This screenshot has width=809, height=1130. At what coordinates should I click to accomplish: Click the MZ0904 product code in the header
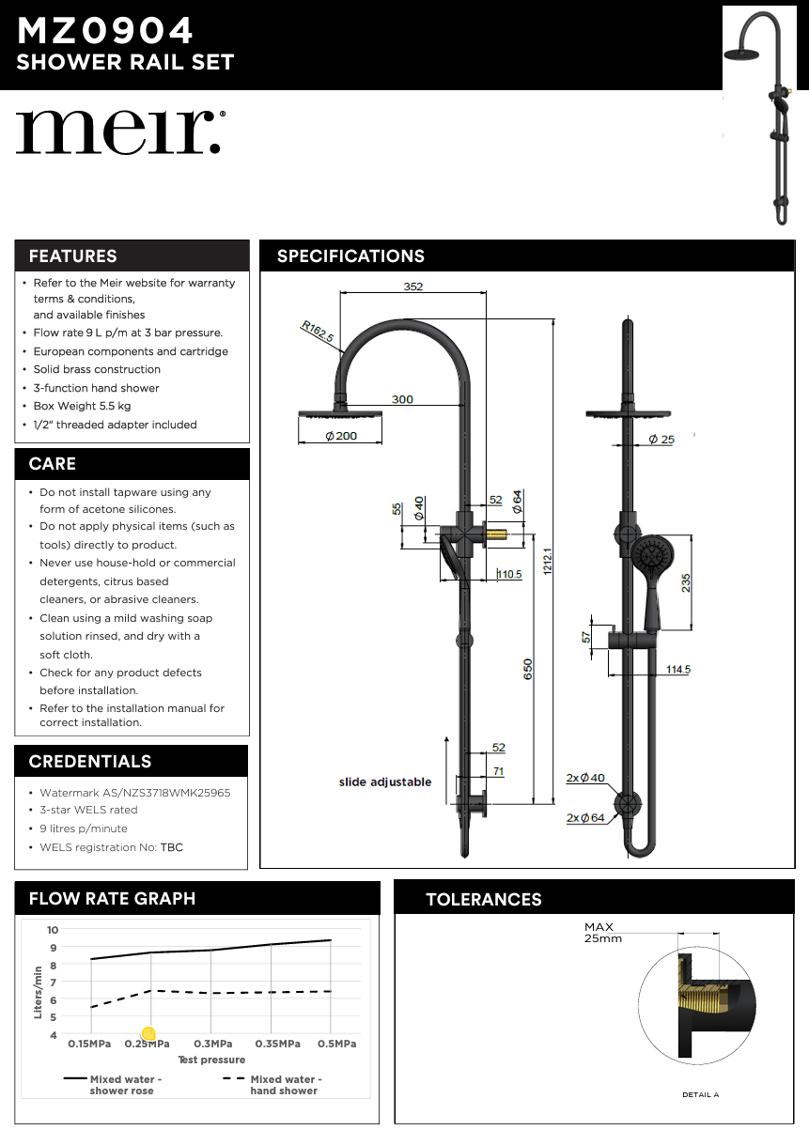pyautogui.click(x=105, y=31)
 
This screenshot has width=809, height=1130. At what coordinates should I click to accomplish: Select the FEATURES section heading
pyautogui.click(x=73, y=255)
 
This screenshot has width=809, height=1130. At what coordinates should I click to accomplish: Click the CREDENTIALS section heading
pyautogui.click(x=90, y=761)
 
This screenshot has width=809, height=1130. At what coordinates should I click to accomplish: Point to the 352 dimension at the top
pyautogui.click(x=413, y=286)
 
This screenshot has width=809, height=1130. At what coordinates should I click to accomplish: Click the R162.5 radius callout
pyautogui.click(x=317, y=333)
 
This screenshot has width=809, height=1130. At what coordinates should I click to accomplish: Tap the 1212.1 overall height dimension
pyautogui.click(x=547, y=561)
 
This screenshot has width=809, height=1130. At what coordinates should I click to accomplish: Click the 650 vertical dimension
pyautogui.click(x=528, y=669)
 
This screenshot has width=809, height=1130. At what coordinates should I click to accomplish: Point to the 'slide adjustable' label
pyautogui.click(x=385, y=782)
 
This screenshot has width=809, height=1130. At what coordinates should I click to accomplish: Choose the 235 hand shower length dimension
pyautogui.click(x=686, y=582)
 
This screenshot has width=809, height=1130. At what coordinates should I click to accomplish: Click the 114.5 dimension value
pyautogui.click(x=677, y=669)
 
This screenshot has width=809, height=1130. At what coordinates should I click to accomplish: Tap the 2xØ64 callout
pyautogui.click(x=584, y=817)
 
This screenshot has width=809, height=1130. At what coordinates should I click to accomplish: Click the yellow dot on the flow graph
pyautogui.click(x=148, y=1034)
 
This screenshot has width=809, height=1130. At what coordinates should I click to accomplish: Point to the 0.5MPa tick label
pyautogui.click(x=336, y=1044)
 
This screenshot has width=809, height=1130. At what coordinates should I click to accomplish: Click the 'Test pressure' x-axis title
pyautogui.click(x=211, y=1060)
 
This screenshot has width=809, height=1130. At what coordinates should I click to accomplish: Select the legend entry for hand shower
pyautogui.click(x=272, y=1085)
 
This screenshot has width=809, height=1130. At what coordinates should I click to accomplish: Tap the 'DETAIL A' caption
pyautogui.click(x=701, y=1094)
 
